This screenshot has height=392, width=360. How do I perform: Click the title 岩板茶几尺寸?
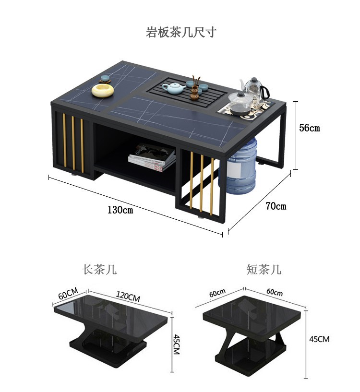pyautogui.click(x=181, y=32)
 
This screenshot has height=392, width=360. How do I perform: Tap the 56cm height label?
pyautogui.click(x=310, y=128)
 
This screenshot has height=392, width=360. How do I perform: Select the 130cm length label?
pyautogui.click(x=120, y=210)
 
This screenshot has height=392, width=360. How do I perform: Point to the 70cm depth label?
pyautogui.click(x=276, y=206)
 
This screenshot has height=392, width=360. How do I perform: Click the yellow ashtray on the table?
pyautogui.click(x=103, y=90)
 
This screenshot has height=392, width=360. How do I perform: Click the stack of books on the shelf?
pyautogui.click(x=152, y=157)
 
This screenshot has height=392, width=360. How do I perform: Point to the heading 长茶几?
pyautogui.click(x=99, y=270)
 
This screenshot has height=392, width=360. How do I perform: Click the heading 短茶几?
pyautogui.click(x=264, y=270)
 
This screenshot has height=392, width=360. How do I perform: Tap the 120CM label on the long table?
pyautogui.click(x=128, y=297)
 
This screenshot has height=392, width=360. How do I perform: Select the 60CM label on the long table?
pyautogui.click(x=68, y=294)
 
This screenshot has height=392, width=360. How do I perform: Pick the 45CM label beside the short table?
pyautogui.click(x=319, y=339)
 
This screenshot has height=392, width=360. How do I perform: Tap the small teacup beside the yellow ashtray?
pyautogui.click(x=105, y=79)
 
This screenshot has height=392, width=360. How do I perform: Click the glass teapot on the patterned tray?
pyautogui.click(x=240, y=103)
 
